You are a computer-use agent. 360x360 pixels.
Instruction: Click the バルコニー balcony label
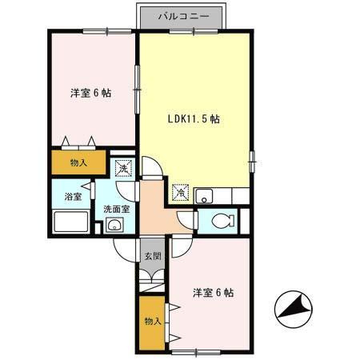[x=183, y=17]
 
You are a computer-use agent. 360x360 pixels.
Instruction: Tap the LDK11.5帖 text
[x=194, y=118]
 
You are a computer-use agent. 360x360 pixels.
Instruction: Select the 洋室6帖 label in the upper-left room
[x=90, y=93]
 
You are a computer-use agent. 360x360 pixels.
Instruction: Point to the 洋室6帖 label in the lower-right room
[x=214, y=293]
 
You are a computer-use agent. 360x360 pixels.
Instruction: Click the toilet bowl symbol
[x=223, y=221]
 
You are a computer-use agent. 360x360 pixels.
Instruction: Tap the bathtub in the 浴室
[x=71, y=222]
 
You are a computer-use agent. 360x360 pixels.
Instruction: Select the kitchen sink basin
[x=204, y=196]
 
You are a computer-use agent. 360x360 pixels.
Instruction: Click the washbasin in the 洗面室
[x=114, y=225]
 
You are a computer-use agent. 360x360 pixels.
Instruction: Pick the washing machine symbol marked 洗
[x=123, y=168]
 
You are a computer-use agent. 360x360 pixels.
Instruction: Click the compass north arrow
[x=294, y=310]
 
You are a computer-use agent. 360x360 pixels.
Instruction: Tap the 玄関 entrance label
[x=153, y=257]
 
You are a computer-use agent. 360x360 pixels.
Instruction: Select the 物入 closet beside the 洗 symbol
[x=78, y=162]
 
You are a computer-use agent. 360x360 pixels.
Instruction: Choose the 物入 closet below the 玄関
[x=152, y=322]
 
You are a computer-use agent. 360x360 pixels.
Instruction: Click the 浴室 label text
[x=73, y=197]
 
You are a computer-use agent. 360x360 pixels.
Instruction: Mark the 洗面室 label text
[x=117, y=210]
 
